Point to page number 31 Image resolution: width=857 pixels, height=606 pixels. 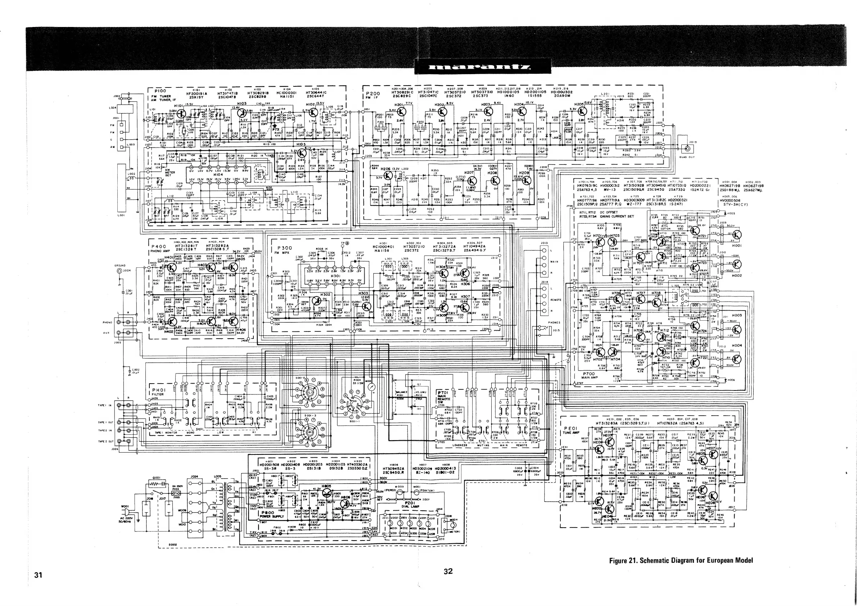[38, 575]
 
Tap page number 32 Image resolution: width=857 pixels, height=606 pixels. [448, 571]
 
